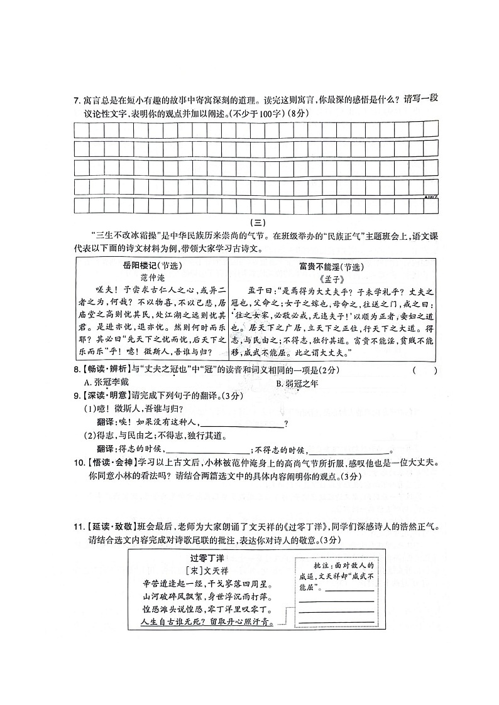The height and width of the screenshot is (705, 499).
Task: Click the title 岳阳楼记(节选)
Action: point(150,266)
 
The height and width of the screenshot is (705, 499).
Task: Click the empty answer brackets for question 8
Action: point(425,370)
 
